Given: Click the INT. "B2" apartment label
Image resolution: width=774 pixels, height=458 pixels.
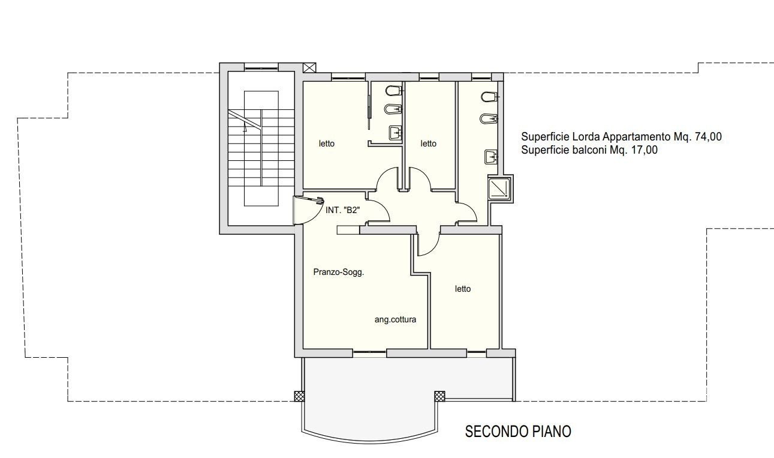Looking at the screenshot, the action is pos(343,210).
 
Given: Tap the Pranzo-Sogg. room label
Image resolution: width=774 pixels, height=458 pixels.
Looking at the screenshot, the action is pos(339,273).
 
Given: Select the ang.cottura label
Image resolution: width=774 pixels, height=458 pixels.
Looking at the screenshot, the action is pos(395,319).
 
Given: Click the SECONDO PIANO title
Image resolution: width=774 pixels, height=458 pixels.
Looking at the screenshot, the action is pos(518,432).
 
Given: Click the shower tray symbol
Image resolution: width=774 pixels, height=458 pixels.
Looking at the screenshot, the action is pos(500,188).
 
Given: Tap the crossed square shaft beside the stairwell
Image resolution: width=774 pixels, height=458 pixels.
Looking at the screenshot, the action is pos(309,68).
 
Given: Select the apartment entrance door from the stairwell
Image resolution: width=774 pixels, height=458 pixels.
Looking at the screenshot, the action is pos(308,209).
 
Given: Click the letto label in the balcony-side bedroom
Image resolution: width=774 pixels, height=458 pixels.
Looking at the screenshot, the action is pos(463,289).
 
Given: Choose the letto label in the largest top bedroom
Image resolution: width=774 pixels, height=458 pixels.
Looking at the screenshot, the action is pos(327,143).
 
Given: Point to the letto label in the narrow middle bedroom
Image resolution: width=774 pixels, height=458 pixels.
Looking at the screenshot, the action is pos(429,143).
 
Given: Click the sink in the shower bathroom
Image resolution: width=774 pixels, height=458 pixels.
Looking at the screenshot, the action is pos(491,157).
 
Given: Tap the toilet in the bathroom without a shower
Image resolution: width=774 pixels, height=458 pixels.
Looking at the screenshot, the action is pos(393,91).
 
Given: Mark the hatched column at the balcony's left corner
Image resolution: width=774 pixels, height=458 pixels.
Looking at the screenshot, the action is pos(299,396).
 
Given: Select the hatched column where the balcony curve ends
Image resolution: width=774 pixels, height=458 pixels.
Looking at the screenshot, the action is pos(439,396).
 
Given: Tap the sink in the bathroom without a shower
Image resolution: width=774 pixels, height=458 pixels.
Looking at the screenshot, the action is pos(396,133).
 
